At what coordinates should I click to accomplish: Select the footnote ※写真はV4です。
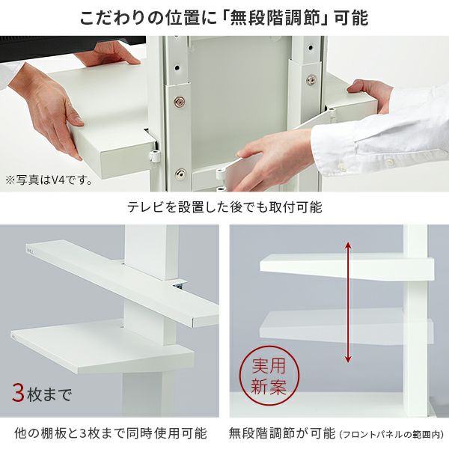click(x=49, y=180)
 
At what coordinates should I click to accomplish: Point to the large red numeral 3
click(x=18, y=392)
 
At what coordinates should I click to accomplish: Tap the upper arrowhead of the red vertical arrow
click(x=347, y=245)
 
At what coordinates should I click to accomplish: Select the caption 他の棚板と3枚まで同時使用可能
click(x=111, y=433)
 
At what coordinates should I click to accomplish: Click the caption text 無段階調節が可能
click(x=282, y=433)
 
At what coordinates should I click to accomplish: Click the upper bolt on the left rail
click(x=180, y=100)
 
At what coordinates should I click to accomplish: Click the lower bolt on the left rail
click(x=180, y=174)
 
